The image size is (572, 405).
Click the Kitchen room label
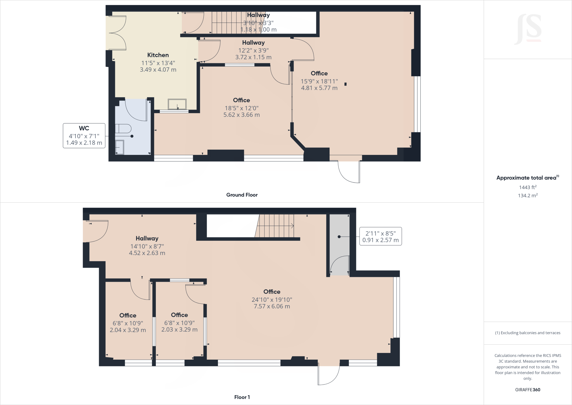point(158,55)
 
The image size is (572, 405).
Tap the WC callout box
point(84,136)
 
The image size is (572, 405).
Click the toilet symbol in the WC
point(123,129)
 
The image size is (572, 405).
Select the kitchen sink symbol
point(177,104)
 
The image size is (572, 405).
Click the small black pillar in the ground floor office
point(345,84)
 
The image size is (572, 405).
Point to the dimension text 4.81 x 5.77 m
point(319,88)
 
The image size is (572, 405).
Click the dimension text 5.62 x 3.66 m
point(242,115)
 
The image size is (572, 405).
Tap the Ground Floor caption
point(242,195)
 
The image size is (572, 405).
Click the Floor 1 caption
point(242,397)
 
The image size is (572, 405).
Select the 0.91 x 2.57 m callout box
point(380,237)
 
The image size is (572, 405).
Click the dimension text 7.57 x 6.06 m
point(272,307)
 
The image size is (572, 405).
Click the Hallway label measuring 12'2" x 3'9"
point(253,43)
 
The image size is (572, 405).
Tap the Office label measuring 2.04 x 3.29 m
point(128,315)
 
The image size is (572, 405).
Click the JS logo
point(528,29)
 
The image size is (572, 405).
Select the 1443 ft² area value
point(528,187)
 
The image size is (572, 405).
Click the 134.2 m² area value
point(528,196)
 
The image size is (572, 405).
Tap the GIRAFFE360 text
point(528,390)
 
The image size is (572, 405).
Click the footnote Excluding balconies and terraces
point(528,333)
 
